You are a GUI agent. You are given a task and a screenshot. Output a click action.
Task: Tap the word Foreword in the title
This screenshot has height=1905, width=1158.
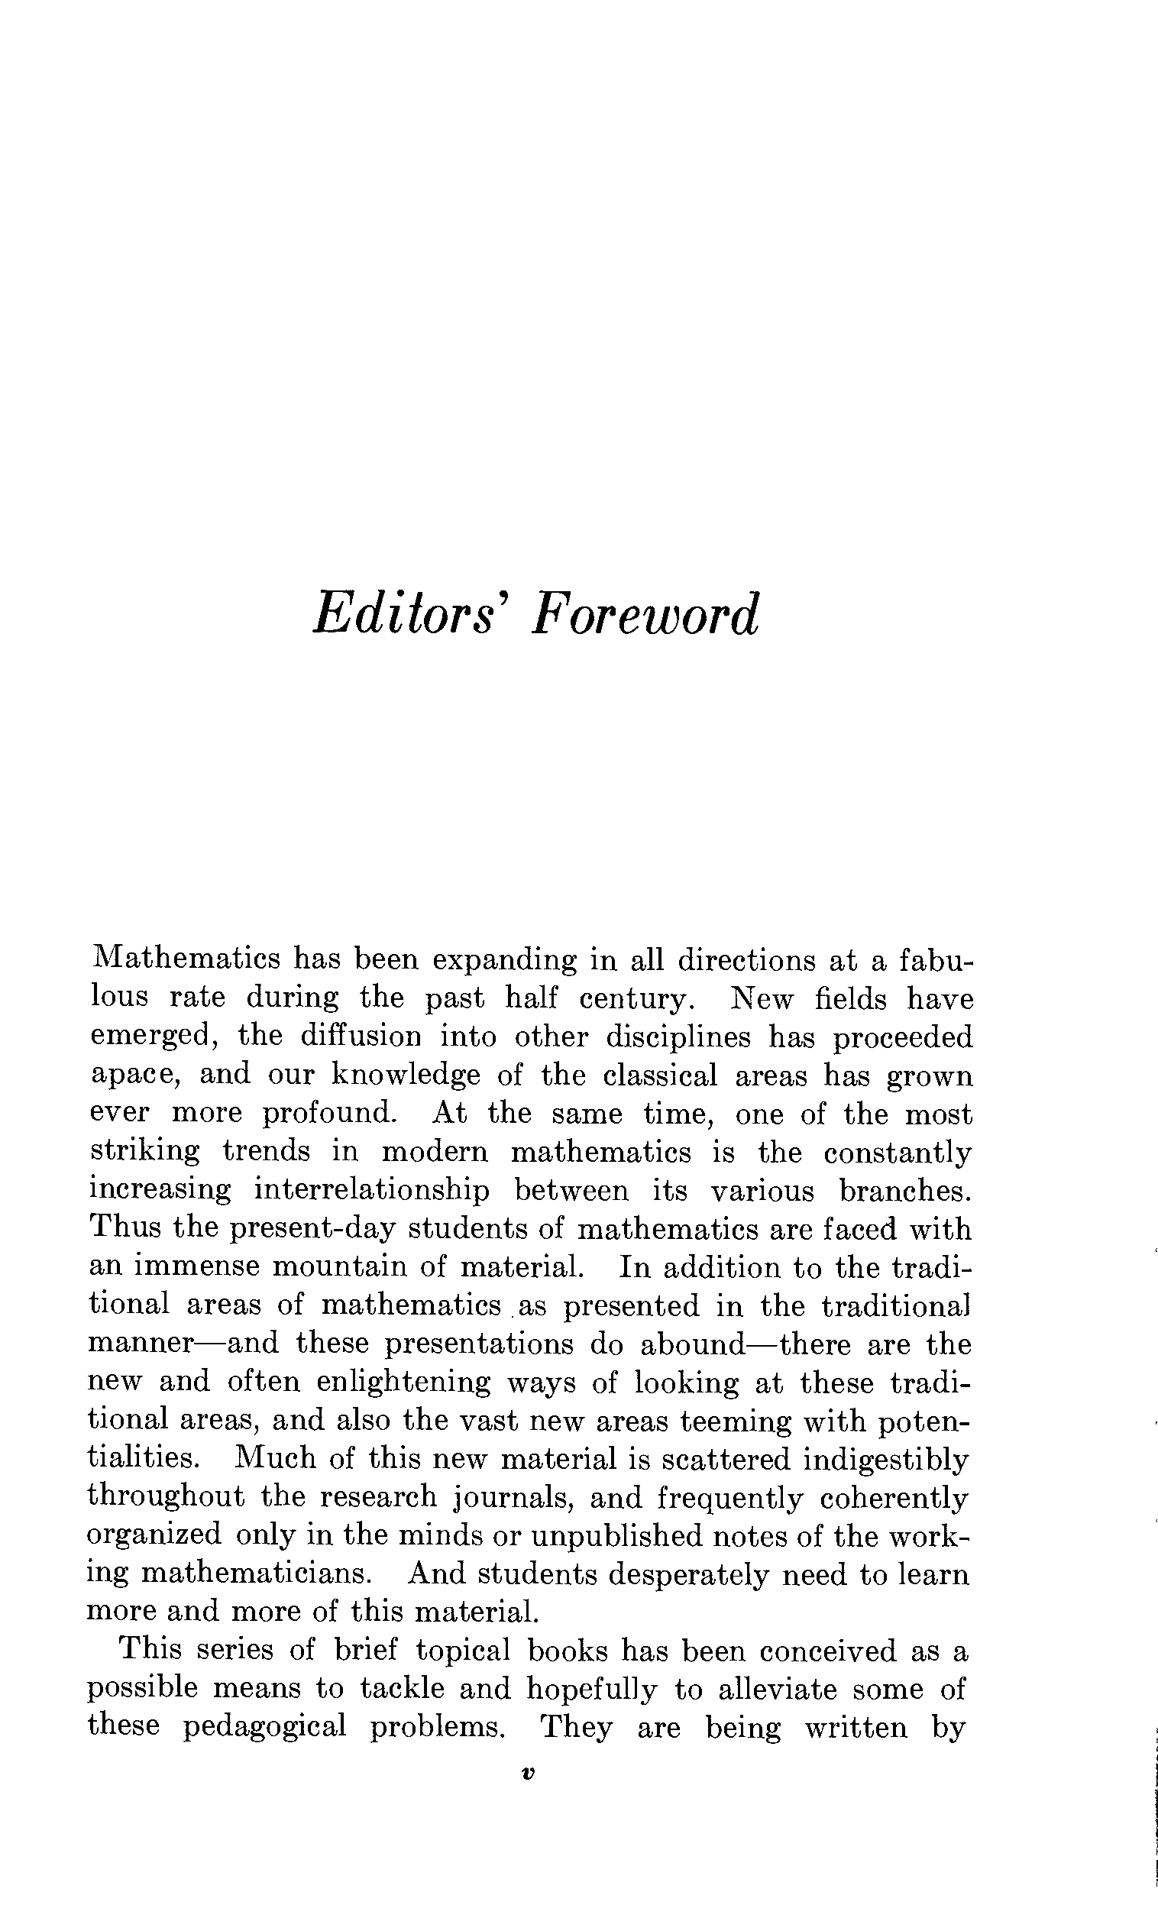[644, 616]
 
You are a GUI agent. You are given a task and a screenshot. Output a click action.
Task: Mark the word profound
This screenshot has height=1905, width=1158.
[328, 1114]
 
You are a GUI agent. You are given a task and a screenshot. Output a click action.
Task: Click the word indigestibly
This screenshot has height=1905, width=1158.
[886, 1458]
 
